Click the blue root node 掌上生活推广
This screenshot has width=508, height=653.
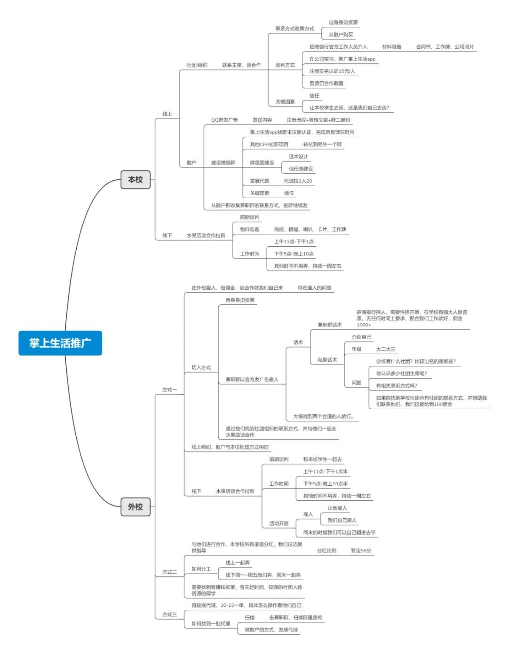point(60,343)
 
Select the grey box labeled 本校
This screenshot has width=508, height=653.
point(135,179)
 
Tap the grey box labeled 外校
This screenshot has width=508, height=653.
point(135,506)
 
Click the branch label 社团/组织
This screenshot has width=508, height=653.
point(197,65)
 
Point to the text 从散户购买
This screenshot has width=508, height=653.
point(341,35)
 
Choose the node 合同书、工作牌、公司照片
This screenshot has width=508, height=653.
point(445,47)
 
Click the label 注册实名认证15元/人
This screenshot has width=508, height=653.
point(333,71)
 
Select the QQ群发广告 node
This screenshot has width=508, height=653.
point(224,120)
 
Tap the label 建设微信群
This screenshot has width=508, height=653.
point(223,163)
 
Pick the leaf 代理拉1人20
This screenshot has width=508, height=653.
point(298,181)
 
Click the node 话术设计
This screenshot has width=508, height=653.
point(298,156)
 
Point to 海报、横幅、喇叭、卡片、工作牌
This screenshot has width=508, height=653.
point(310,229)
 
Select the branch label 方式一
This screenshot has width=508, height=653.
point(170,389)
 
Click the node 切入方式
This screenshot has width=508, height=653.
point(201,367)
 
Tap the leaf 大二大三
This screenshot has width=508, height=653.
point(386,349)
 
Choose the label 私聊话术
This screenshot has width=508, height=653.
point(327,360)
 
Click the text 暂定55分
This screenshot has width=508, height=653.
point(361,551)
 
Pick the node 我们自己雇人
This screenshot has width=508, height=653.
point(342,520)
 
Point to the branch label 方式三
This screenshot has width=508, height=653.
point(170,614)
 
